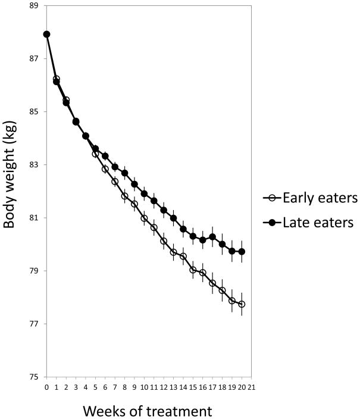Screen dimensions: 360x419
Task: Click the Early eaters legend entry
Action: click(310, 198)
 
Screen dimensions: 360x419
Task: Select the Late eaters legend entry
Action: click(308, 223)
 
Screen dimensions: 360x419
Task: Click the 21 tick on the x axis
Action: click(252, 387)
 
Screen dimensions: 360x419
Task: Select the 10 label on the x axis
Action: click(145, 387)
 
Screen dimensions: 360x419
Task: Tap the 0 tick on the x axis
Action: click(47, 387)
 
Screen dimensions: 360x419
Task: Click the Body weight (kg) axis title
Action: click(10, 174)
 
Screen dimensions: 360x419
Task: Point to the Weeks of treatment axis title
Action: click(148, 411)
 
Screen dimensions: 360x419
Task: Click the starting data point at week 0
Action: click(47, 34)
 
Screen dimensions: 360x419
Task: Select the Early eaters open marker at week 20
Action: click(242, 304)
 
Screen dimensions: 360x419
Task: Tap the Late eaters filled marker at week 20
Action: click(242, 252)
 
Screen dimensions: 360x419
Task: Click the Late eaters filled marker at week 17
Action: click(212, 237)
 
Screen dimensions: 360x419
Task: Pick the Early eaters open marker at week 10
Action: click(145, 218)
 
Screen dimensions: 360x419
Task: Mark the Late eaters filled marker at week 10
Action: click(145, 194)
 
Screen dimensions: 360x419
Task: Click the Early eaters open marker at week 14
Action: click(183, 257)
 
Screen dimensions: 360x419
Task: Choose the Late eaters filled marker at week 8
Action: click(125, 173)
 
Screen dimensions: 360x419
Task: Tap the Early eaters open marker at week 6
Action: click(105, 169)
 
